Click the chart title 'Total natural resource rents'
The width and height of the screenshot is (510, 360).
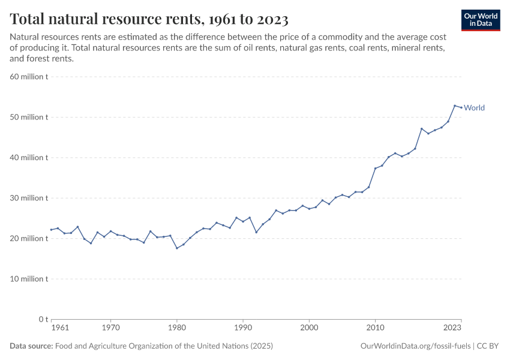click(x=149, y=19)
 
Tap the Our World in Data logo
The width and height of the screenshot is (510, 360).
click(x=481, y=19)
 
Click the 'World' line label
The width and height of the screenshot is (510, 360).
click(x=474, y=108)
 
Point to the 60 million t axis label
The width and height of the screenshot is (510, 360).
click(x=29, y=77)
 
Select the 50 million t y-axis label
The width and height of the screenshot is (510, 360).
click(x=29, y=117)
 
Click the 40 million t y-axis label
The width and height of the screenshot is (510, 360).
click(x=29, y=157)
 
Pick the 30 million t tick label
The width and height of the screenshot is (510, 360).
click(x=29, y=198)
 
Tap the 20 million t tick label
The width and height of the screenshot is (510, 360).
click(x=29, y=238)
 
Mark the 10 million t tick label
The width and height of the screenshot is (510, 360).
click(x=29, y=278)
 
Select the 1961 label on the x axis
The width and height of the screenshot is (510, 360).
click(x=59, y=328)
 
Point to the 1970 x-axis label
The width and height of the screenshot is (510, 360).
click(x=110, y=328)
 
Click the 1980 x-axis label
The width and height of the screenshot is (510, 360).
click(x=176, y=328)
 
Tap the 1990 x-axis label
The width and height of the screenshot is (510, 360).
click(x=243, y=328)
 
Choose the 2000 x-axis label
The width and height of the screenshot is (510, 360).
click(x=309, y=328)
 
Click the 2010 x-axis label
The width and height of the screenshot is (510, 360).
click(x=375, y=328)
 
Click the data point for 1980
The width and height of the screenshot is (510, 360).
click(x=176, y=248)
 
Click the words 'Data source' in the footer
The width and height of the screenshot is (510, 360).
click(x=31, y=346)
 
